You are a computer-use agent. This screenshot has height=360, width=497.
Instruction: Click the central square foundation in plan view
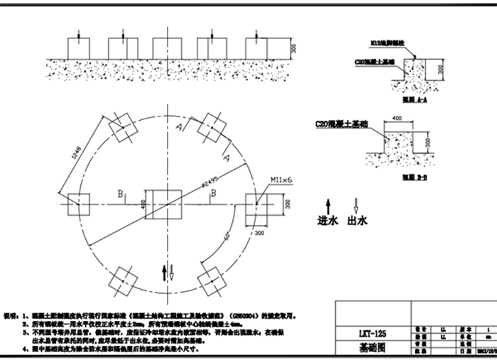163,204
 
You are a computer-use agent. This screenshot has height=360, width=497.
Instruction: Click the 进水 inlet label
328,221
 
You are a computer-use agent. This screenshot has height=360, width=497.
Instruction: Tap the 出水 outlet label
357,221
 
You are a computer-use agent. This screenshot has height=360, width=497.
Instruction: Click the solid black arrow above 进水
328,204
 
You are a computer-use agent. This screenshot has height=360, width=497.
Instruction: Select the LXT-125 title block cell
372,332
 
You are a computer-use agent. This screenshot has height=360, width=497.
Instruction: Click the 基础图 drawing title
373,349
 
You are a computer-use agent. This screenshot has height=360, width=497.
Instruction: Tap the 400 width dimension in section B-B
397,118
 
